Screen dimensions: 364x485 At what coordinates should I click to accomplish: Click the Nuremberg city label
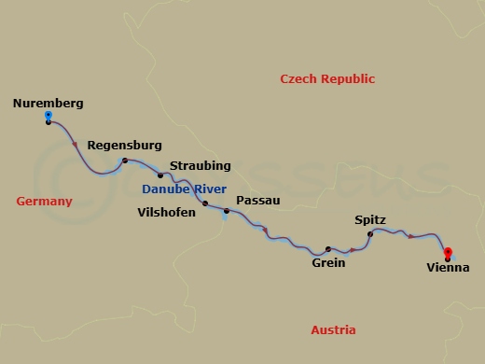click(48, 103)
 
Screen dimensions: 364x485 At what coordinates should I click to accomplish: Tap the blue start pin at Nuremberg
click(48, 116)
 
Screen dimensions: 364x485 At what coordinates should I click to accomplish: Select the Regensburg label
click(124, 146)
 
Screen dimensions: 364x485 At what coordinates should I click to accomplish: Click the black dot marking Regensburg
click(124, 161)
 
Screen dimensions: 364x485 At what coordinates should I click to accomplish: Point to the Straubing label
click(201, 165)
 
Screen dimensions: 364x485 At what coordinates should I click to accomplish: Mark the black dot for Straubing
click(160, 175)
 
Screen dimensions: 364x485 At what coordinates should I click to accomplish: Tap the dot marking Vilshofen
click(205, 203)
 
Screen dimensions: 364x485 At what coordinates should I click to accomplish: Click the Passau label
click(256, 200)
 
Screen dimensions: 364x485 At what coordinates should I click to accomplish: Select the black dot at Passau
click(226, 211)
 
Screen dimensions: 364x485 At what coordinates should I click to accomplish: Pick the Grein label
click(328, 263)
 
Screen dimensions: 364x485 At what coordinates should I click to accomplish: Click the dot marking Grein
click(328, 249)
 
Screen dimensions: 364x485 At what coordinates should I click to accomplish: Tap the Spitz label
click(370, 219)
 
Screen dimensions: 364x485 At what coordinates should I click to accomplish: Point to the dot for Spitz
click(370, 233)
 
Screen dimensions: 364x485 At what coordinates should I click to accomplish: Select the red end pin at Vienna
click(448, 251)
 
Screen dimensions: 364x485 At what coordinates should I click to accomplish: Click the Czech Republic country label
click(327, 79)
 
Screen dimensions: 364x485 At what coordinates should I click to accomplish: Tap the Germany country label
click(44, 202)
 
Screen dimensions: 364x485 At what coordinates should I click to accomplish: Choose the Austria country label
click(334, 330)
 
